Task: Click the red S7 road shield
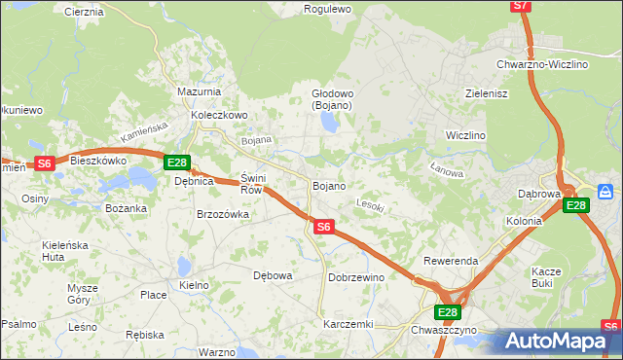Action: (x=521, y=6)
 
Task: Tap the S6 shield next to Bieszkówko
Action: (x=44, y=163)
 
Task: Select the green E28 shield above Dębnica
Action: (x=176, y=162)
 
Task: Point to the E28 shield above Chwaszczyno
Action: (x=447, y=311)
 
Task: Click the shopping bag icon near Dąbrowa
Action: (x=605, y=191)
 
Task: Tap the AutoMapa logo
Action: (x=558, y=341)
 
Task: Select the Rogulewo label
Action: (x=327, y=9)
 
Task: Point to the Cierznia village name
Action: (x=84, y=12)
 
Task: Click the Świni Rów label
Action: (x=251, y=184)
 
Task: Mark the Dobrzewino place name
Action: (x=356, y=277)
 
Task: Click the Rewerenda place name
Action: (x=451, y=262)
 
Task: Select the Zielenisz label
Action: (x=488, y=93)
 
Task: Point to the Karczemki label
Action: (x=348, y=323)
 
